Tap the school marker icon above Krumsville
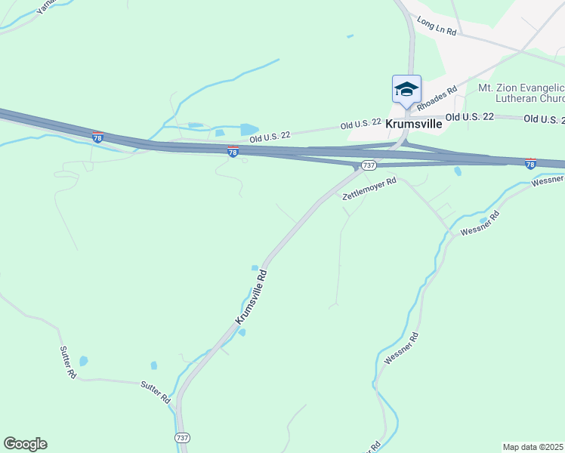click(x=406, y=90)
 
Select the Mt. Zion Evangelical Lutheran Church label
click(x=521, y=93)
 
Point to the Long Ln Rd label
click(x=437, y=28)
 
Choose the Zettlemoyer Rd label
click(x=369, y=189)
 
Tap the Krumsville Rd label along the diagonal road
click(x=252, y=297)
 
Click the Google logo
click(x=25, y=444)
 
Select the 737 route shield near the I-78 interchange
click(x=369, y=165)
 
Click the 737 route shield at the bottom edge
click(x=181, y=438)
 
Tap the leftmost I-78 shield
click(x=98, y=137)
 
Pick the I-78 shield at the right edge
click(x=530, y=163)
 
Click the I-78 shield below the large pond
click(x=233, y=152)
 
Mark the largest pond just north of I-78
click(x=248, y=129)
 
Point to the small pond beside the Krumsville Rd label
click(x=255, y=267)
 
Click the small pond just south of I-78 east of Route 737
click(x=458, y=171)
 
